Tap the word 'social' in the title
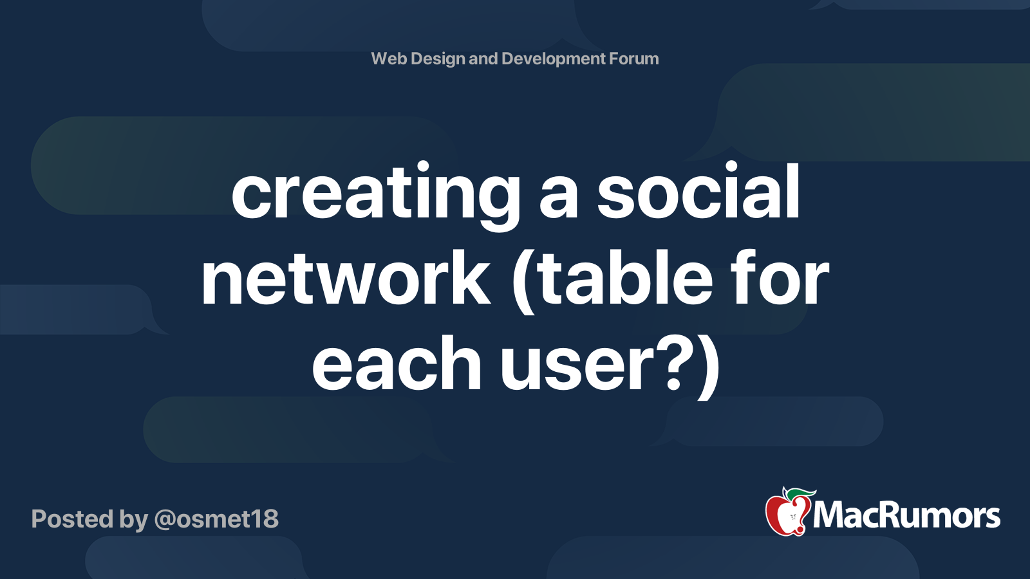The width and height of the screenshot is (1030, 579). (698, 192)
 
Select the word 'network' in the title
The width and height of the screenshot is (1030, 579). (346, 279)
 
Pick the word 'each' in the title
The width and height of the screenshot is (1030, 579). (397, 364)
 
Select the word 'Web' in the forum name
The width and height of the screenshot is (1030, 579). (389, 59)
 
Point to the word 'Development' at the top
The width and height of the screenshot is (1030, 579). (554, 59)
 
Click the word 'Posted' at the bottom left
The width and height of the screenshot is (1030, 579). (73, 519)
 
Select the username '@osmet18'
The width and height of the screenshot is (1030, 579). (216, 519)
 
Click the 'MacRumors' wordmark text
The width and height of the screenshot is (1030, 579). (906, 515)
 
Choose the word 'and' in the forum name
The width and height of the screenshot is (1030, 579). (483, 59)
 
